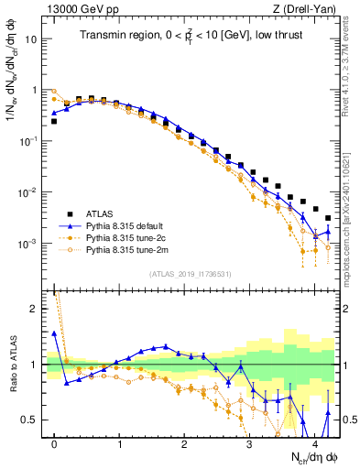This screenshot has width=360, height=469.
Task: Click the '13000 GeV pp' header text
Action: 80,8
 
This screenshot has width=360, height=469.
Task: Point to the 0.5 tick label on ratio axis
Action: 32,420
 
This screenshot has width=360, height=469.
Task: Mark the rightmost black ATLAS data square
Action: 328,218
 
